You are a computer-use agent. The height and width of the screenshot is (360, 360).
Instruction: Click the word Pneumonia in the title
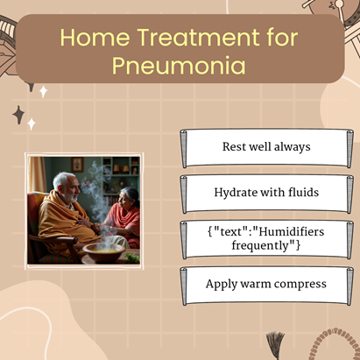click(x=179, y=65)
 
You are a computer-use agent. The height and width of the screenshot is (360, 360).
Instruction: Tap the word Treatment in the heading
click(x=198, y=38)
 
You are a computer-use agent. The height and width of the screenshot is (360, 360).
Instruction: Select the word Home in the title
click(x=95, y=38)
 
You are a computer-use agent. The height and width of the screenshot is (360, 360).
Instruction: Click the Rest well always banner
click(x=266, y=148)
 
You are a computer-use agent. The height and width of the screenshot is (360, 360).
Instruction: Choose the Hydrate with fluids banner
click(x=266, y=194)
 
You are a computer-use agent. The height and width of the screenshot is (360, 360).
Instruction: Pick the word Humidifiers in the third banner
click(x=292, y=232)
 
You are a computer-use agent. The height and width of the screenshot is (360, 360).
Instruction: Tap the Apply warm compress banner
click(x=266, y=286)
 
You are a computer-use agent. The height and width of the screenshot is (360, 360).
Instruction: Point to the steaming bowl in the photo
click(x=103, y=251)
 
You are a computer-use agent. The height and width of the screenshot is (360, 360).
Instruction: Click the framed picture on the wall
click(x=77, y=165)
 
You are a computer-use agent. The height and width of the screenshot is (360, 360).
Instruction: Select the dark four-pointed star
click(x=18, y=115)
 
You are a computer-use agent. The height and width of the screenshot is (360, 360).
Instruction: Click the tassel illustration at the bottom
click(x=275, y=344)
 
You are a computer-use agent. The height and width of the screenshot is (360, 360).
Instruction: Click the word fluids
click(x=304, y=193)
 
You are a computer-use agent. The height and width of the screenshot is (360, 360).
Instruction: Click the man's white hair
click(x=62, y=180)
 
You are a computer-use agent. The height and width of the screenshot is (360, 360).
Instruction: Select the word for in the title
click(x=282, y=38)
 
